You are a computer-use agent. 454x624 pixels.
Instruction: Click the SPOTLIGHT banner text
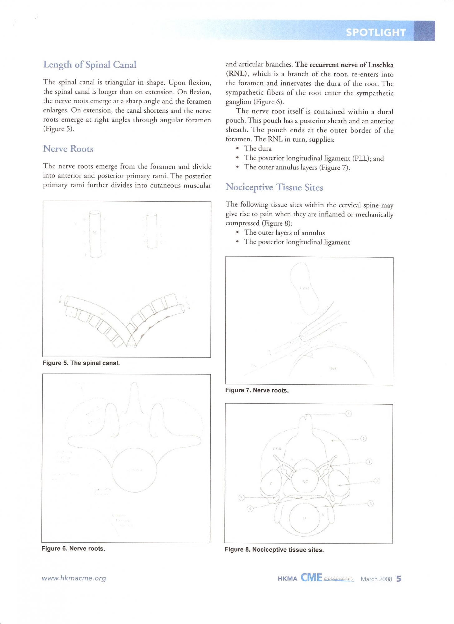coord(376,32)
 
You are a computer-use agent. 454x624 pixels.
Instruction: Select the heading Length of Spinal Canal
coord(90,65)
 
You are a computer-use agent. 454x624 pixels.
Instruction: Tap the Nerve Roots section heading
coord(68,149)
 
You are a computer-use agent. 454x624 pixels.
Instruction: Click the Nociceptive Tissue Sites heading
coord(274,187)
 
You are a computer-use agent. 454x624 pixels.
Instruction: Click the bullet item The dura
coord(258,149)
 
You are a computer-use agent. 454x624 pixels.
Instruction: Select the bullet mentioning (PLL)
coord(314,158)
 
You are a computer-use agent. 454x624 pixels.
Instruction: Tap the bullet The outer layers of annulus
coord(284,233)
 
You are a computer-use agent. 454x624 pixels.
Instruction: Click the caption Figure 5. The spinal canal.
coord(81,363)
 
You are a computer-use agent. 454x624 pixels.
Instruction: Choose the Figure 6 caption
coord(73,548)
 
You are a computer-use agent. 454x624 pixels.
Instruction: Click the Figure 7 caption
coord(257,390)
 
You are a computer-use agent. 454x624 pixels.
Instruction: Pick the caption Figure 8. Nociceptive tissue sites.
coord(274,550)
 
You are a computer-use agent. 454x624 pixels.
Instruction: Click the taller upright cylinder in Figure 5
coord(95,234)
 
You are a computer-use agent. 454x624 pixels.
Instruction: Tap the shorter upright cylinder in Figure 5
coord(152,231)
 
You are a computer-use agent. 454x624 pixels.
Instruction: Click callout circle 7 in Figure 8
coord(349,414)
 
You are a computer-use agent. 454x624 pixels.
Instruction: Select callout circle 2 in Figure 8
coord(377,481)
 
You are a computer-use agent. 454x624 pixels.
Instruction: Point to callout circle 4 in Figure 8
coord(250,509)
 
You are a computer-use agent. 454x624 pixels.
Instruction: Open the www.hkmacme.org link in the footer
coord(74,578)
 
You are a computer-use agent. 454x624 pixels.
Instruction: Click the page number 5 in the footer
coord(398,579)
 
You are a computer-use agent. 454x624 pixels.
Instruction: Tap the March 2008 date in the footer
coord(376,579)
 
